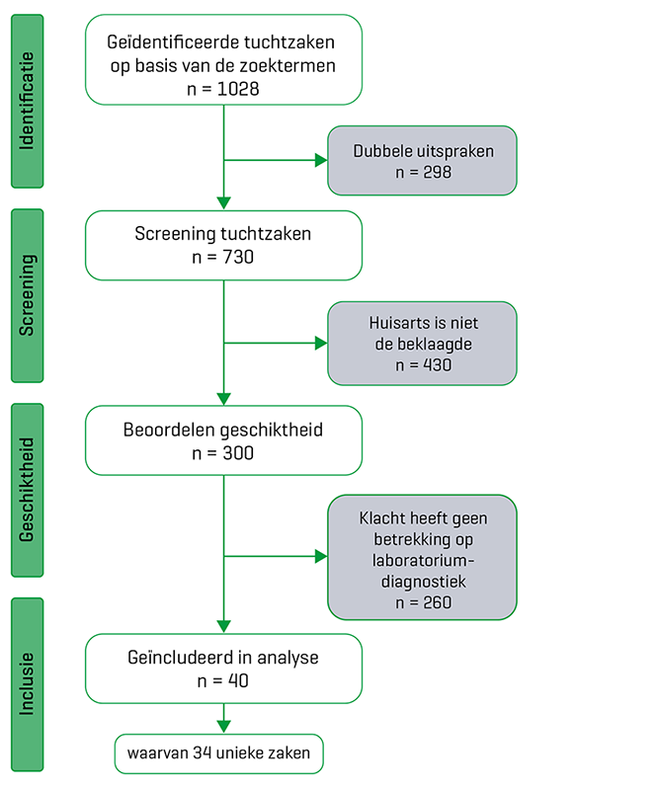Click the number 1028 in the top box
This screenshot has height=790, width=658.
click(x=238, y=89)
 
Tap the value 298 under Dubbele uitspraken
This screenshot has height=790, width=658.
click(x=437, y=172)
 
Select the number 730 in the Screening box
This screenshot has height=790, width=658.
click(x=238, y=257)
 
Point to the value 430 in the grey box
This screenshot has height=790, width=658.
click(x=437, y=364)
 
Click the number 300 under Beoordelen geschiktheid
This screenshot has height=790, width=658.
click(x=238, y=453)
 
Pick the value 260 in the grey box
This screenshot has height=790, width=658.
click(x=437, y=602)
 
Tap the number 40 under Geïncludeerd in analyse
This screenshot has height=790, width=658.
click(x=238, y=681)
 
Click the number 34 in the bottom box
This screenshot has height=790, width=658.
click(x=202, y=752)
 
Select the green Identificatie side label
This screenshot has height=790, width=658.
click(x=28, y=102)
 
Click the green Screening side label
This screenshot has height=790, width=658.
click(x=28, y=295)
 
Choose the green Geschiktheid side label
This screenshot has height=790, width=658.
click(x=28, y=490)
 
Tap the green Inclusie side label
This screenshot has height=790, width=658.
click(x=28, y=684)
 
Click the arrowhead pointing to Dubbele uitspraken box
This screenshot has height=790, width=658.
click(x=321, y=160)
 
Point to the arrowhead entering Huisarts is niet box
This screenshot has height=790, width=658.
click(x=321, y=343)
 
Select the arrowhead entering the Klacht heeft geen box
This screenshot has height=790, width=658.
click(x=321, y=556)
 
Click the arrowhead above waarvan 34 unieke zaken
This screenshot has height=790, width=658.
click(x=224, y=727)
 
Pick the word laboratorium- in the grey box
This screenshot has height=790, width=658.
click(x=424, y=560)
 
